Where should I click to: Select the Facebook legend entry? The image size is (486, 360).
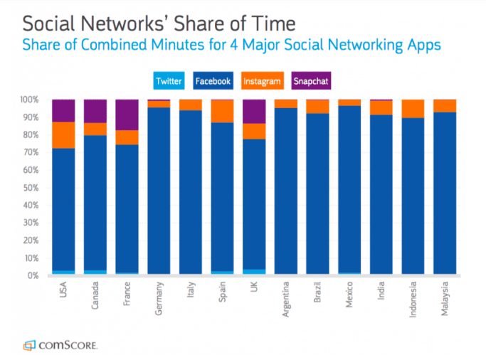coord(213,81)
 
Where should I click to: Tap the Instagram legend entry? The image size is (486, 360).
coord(263,81)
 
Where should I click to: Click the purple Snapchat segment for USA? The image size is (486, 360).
coord(64,110)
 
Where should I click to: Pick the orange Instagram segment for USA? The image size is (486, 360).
coord(64,135)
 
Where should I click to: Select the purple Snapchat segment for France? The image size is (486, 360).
coord(128,115)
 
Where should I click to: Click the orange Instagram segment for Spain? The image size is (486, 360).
coord(223,111)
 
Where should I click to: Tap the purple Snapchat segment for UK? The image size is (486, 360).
coord(255,112)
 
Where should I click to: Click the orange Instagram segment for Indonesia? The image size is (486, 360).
coord(413,108)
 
